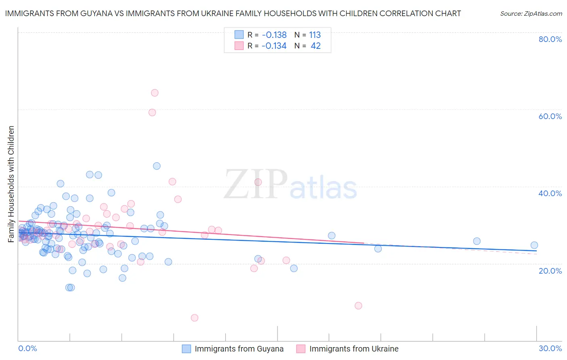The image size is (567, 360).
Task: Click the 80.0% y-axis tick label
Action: (550, 39)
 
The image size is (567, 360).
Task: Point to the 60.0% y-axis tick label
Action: (550, 116)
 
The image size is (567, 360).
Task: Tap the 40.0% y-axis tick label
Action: (550, 193)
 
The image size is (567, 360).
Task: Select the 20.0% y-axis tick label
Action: (550, 270)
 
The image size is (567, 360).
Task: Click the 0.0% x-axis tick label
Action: (27, 348)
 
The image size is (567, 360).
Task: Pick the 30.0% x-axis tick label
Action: (550, 348)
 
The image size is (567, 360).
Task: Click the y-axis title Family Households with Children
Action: (11, 184)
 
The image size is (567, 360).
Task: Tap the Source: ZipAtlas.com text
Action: (531, 13)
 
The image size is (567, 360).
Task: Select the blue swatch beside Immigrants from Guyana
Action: (186, 349)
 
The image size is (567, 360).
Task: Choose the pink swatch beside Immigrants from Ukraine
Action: (301, 349)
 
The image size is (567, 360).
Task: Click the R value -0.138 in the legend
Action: (274, 35)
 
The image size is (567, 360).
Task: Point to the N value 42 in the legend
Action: (315, 46)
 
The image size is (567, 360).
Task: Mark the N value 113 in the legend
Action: (315, 35)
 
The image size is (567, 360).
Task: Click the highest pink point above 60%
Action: (154, 93)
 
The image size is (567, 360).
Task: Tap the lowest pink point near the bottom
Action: (194, 318)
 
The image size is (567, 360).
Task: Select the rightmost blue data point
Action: (534, 245)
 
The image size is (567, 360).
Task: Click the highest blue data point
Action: (156, 166)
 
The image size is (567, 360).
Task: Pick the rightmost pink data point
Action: (358, 306)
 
